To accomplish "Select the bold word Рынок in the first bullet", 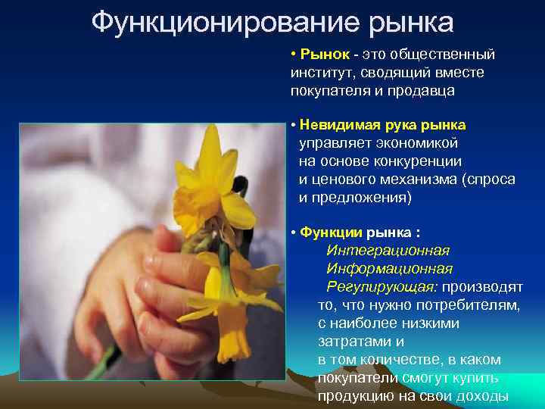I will click(x=325, y=55).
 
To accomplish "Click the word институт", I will click(x=321, y=73).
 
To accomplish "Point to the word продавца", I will click(x=422, y=91).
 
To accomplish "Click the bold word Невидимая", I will click(x=336, y=124).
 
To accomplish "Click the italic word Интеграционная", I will click(x=388, y=250).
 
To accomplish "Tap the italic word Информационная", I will click(x=389, y=268).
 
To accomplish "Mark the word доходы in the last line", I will click(x=482, y=396).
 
